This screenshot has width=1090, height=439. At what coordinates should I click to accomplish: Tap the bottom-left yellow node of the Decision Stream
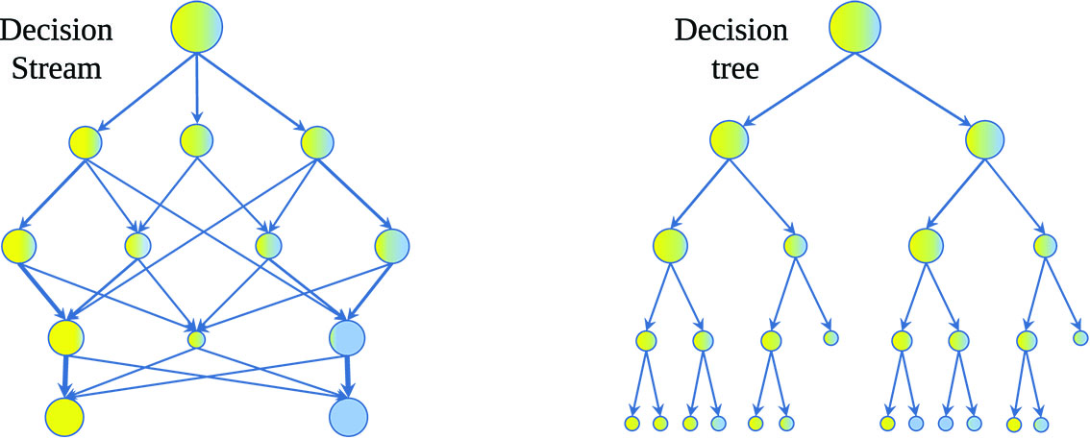pyautogui.click(x=65, y=416)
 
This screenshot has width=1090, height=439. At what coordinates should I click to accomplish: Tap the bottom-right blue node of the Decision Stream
pyautogui.click(x=348, y=416)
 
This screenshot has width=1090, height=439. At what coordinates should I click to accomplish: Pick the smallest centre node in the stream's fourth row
pyautogui.click(x=197, y=338)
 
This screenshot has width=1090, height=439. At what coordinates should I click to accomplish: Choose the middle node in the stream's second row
pyautogui.click(x=196, y=141)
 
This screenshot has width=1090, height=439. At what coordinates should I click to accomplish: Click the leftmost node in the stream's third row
pyautogui.click(x=19, y=246)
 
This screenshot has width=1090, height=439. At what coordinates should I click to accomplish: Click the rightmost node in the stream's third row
pyautogui.click(x=392, y=246)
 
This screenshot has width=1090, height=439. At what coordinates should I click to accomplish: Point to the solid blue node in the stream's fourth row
pyautogui.click(x=347, y=337)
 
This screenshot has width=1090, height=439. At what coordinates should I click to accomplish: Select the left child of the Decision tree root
pyautogui.click(x=729, y=140)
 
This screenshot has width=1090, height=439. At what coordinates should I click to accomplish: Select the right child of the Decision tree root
pyautogui.click(x=986, y=140)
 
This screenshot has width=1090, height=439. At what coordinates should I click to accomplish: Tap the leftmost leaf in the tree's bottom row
pyautogui.click(x=632, y=423)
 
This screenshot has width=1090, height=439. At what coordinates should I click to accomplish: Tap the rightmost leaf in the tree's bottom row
pyautogui.click(x=1041, y=423)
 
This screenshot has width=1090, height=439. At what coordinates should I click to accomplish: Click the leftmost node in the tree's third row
pyautogui.click(x=670, y=246)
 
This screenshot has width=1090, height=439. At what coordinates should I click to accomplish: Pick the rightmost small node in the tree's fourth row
pyautogui.click(x=1080, y=337)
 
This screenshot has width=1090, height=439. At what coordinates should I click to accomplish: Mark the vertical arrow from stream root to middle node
pyautogui.click(x=197, y=86)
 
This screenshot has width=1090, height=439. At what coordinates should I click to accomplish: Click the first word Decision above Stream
pyautogui.click(x=57, y=30)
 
